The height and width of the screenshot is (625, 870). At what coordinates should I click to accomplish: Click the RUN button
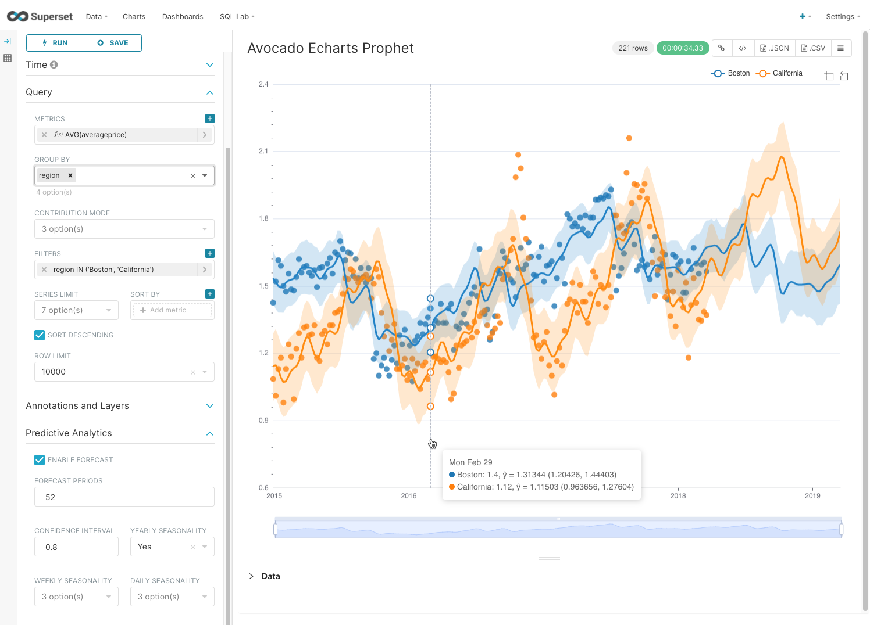pos(55,43)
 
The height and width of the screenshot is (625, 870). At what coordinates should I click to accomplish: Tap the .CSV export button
pos(813,48)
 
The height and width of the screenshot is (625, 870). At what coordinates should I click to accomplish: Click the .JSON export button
pos(775,48)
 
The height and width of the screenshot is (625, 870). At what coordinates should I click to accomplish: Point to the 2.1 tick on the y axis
pos(263,151)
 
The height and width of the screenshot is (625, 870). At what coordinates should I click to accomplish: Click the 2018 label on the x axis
pos(678,496)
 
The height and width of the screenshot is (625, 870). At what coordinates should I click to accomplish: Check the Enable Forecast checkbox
pos(40,460)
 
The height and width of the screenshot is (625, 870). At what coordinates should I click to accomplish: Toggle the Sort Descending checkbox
pos(40,335)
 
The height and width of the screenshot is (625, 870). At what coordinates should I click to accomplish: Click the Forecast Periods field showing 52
pos(124,497)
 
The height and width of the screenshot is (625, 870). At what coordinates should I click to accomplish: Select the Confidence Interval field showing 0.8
pos(76,547)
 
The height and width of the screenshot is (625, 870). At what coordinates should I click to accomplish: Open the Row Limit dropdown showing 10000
pos(124,372)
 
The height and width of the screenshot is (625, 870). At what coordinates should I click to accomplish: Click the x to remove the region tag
pos(70,175)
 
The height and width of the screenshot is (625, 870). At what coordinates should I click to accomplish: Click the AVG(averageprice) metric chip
pos(96,135)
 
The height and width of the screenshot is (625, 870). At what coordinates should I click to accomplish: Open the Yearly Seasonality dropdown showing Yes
pos(172,547)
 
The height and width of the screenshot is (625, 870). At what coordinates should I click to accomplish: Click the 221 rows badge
pos(633,48)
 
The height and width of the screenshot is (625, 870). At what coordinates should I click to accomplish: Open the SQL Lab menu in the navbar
pos(237,17)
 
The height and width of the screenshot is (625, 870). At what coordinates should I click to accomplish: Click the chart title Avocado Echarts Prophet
pos(330,48)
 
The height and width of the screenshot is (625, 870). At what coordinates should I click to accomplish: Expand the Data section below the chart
pos(265,576)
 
